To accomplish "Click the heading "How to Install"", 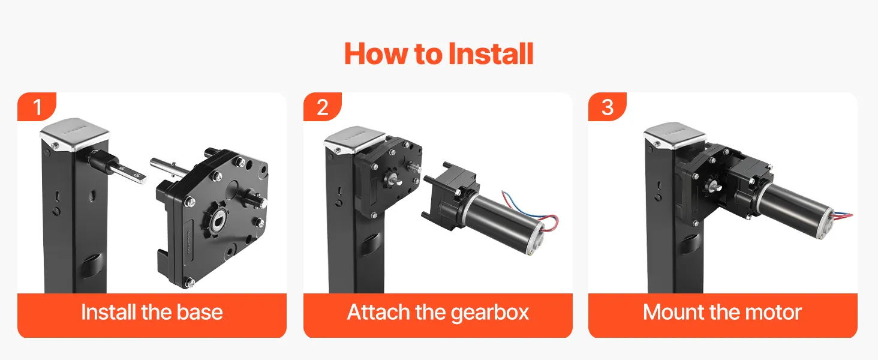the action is [438, 54].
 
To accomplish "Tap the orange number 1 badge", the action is [37, 107].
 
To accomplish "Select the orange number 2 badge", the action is [323, 107].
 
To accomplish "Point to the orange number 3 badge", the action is [607, 107].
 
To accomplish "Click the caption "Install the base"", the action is [152, 312].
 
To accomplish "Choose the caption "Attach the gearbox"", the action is [438, 313].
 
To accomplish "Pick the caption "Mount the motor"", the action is [723, 312].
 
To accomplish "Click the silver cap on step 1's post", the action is [74, 134].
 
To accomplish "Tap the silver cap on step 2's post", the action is [356, 140].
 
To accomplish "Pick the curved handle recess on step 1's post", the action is [92, 265].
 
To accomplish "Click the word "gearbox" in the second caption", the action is [489, 313].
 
